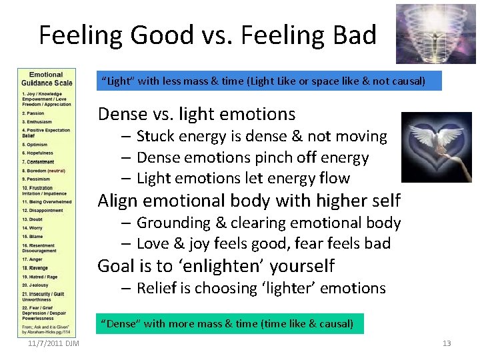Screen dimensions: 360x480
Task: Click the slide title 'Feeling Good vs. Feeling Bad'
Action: click(207, 35)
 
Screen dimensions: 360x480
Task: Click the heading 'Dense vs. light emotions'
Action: click(196, 114)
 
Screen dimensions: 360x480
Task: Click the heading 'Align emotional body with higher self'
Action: click(249, 200)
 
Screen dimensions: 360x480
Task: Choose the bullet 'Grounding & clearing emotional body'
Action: click(268, 223)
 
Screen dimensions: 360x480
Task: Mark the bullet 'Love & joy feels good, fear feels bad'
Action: click(263, 243)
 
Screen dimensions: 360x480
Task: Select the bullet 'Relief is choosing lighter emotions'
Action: click(261, 288)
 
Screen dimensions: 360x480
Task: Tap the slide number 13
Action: click(447, 343)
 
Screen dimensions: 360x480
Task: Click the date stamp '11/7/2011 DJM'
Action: click(54, 343)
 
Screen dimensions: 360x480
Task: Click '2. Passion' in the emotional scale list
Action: click(34, 113)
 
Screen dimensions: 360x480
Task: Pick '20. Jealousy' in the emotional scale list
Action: click(37, 284)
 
